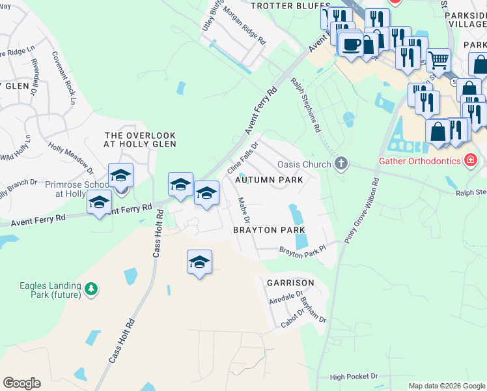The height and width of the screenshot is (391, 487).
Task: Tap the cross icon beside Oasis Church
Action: (339, 163)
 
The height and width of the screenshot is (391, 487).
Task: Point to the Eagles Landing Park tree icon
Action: (92, 288)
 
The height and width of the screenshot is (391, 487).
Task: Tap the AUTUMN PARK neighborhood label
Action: (273, 179)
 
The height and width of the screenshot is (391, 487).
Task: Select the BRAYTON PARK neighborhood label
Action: (269, 230)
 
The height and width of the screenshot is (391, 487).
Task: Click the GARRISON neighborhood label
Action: (290, 283)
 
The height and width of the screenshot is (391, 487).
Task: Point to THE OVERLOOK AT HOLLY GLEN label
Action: (141, 139)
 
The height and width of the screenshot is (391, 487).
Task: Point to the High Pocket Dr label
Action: (354, 377)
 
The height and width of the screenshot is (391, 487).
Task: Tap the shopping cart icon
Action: (439, 61)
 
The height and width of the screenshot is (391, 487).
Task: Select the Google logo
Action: (21, 383)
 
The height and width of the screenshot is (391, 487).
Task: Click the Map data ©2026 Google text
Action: (446, 386)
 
